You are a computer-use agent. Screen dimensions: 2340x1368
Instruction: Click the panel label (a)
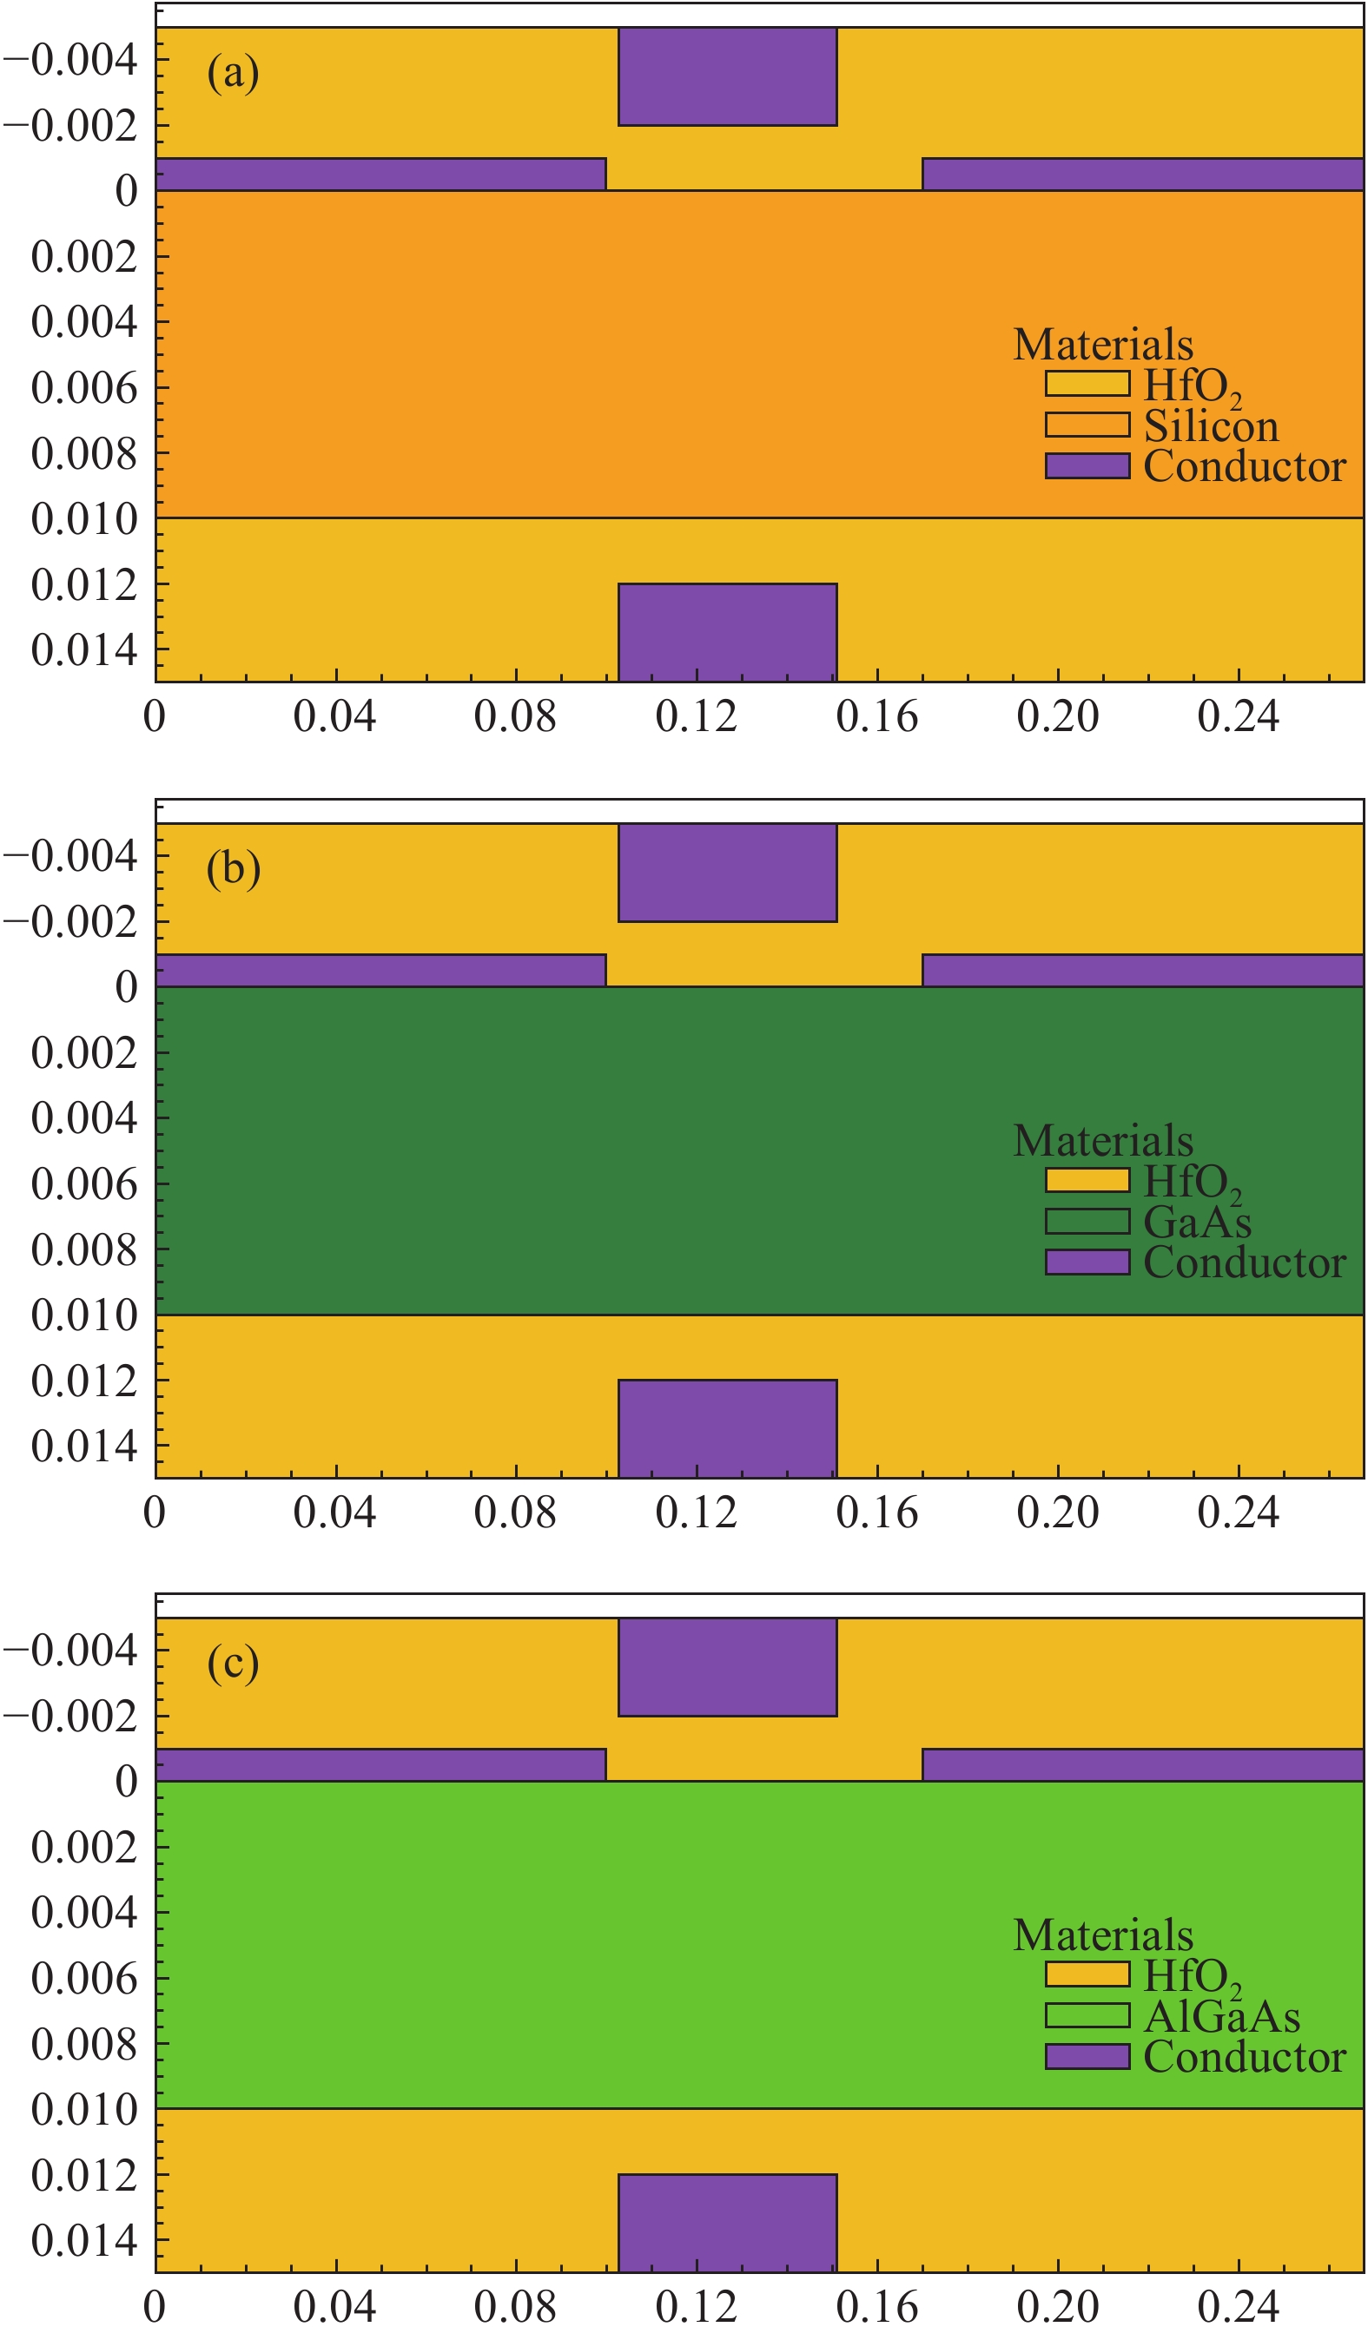point(232,73)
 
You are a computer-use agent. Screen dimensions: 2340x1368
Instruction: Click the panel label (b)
point(232,869)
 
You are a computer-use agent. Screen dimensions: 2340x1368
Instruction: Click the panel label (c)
point(232,1663)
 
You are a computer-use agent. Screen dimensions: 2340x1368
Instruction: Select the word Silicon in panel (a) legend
point(1210,426)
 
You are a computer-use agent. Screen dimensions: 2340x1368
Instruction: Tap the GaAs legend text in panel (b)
point(1197,1222)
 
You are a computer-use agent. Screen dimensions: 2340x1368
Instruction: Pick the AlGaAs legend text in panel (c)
point(1221,2017)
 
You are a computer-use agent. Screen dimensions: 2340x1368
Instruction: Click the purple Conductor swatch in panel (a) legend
point(1087,466)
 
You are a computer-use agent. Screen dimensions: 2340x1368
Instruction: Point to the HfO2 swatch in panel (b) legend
point(1087,1180)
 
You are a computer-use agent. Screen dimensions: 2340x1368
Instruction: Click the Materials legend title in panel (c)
point(1102,1935)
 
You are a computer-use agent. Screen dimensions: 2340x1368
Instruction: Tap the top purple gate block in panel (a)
point(727,76)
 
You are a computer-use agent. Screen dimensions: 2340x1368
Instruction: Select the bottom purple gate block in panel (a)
point(727,631)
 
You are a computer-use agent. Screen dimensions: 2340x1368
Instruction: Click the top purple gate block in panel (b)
point(727,872)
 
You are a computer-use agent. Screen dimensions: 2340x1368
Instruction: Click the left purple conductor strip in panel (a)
point(380,175)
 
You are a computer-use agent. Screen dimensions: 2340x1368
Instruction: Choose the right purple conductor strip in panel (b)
point(1142,971)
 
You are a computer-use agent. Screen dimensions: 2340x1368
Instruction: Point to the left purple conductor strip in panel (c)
point(380,1765)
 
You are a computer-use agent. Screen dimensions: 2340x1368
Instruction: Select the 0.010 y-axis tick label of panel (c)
point(83,2111)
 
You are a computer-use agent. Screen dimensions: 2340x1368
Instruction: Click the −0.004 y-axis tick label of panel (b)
point(70,856)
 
